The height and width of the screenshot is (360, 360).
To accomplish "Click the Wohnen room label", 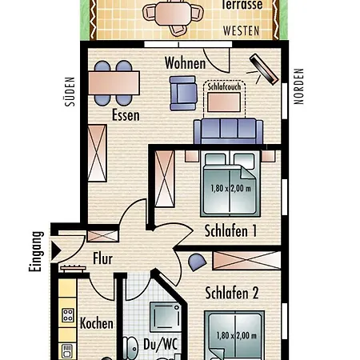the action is click(x=185, y=63).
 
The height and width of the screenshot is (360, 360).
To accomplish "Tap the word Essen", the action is click(x=126, y=115).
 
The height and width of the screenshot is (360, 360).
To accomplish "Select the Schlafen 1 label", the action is click(x=230, y=230).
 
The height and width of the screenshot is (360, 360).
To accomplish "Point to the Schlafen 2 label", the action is click(x=232, y=293).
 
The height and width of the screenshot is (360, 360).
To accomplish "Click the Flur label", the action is click(x=102, y=258).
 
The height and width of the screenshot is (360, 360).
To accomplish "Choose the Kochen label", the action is click(x=97, y=323).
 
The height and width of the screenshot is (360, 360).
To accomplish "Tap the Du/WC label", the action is click(x=160, y=344).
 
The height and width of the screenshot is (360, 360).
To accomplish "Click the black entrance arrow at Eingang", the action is click(x=56, y=250).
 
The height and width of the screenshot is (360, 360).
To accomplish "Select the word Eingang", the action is click(x=36, y=251).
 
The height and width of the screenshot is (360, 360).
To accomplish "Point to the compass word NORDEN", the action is click(x=298, y=86).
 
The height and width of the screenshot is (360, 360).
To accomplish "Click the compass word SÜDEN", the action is click(x=70, y=92).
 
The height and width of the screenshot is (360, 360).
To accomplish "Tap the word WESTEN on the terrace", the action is click(x=241, y=31).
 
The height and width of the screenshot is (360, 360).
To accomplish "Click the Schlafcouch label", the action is click(x=224, y=86).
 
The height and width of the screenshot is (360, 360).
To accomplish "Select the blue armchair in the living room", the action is click(x=183, y=94).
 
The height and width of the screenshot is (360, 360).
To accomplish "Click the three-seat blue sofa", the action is click(x=228, y=131).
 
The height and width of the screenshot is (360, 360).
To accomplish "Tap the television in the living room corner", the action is click(x=264, y=70).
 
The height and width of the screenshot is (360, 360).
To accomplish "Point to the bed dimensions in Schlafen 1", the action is click(x=230, y=189).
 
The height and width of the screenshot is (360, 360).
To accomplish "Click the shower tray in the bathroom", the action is click(x=166, y=316).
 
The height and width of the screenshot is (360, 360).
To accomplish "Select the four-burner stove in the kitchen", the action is click(x=68, y=315).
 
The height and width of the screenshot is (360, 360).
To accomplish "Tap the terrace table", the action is click(x=174, y=14).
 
